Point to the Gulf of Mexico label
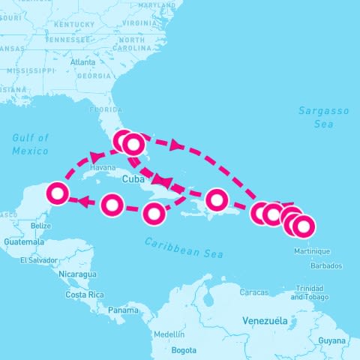(x=30, y=144)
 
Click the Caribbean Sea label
(x=184, y=247)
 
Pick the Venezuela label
(x=265, y=320)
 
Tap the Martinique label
(x=312, y=250)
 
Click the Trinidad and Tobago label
(x=308, y=292)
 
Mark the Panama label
(x=122, y=310)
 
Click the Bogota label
(x=184, y=350)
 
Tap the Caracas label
(x=254, y=292)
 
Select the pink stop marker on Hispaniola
(x=216, y=199)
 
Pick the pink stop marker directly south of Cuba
(x=154, y=214)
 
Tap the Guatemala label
(x=24, y=242)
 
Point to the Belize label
(x=41, y=225)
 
